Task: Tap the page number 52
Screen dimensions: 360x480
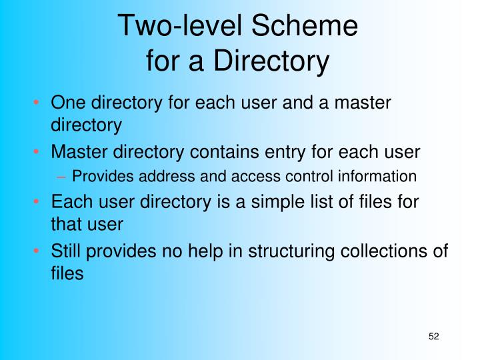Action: pyautogui.click(x=434, y=336)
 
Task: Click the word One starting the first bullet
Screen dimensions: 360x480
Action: pyautogui.click(x=69, y=103)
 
